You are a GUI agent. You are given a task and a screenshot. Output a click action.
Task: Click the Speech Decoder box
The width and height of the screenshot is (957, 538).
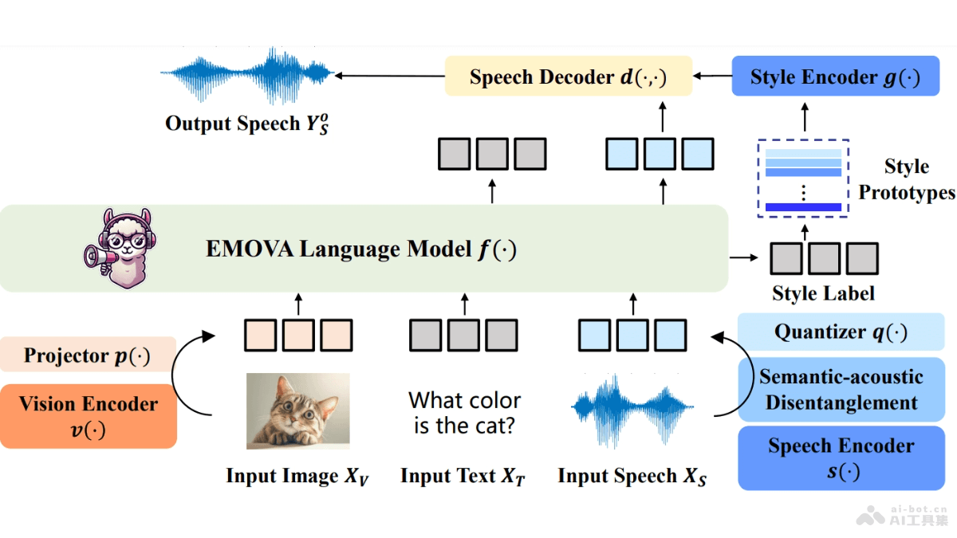pos(567,77)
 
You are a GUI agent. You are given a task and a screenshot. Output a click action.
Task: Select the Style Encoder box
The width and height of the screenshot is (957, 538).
pos(835,77)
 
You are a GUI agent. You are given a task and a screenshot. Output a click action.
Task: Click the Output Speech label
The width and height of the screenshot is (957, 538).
pos(246,124)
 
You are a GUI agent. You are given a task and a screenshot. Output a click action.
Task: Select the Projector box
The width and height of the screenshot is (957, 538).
pos(87,355)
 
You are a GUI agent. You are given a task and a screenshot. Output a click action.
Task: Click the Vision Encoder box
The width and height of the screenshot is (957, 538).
pos(88,416)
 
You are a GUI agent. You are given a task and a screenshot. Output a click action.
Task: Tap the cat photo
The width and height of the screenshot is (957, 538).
pos(297,411)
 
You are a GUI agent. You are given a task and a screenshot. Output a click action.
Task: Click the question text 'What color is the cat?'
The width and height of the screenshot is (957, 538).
pos(464,412)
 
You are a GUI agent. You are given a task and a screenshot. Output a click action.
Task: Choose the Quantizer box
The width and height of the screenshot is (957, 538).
pos(841,332)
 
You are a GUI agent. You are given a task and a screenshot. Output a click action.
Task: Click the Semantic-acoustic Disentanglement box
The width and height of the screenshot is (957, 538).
pos(841,389)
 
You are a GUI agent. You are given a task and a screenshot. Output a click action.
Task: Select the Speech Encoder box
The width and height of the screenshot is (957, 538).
pos(841,457)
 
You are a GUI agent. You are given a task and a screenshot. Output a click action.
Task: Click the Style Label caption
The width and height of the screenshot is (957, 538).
pos(823,293)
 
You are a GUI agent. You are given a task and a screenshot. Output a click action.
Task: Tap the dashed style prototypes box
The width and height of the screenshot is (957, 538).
pos(803,178)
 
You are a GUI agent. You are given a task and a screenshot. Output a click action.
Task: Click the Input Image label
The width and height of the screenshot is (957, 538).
pos(297,477)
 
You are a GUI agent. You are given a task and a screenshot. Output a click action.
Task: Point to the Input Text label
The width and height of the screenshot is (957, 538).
pos(463,477)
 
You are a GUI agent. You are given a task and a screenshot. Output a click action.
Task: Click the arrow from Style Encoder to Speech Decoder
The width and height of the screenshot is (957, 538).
pos(712,77)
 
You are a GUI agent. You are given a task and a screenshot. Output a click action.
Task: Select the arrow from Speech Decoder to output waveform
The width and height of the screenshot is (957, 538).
pos(389,77)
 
